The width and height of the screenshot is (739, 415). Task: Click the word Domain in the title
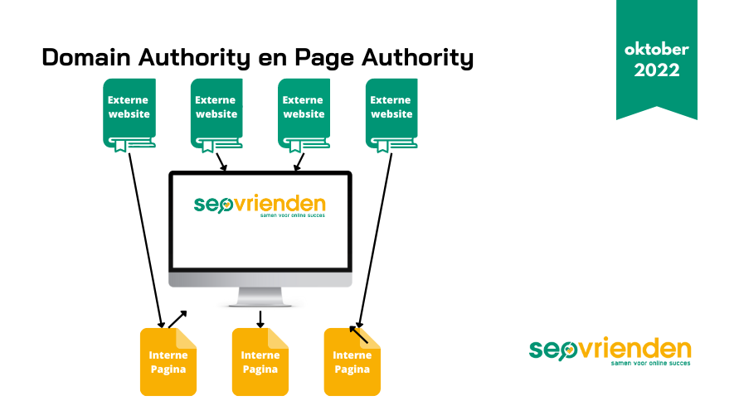click(x=86, y=57)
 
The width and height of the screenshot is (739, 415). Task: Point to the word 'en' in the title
click(x=273, y=60)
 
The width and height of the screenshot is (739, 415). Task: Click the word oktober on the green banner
click(x=657, y=49)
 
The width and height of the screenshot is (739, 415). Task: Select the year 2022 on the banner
click(x=657, y=70)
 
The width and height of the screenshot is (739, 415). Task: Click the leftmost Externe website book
click(x=129, y=115)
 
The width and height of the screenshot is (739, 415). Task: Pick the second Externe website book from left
click(x=216, y=115)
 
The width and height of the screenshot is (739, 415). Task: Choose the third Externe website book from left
click(x=304, y=115)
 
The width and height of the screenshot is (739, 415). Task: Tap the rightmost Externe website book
click(x=391, y=115)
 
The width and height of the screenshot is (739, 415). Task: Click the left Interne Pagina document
click(x=168, y=362)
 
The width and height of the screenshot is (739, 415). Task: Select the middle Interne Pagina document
click(x=260, y=362)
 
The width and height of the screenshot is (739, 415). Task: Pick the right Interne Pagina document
click(x=352, y=362)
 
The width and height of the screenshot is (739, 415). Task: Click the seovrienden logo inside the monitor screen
click(x=260, y=205)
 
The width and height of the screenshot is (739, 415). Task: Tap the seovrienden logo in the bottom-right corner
click(x=610, y=351)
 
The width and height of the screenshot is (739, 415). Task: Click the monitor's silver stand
click(x=260, y=297)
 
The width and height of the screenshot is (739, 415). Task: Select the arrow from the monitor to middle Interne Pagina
click(x=260, y=319)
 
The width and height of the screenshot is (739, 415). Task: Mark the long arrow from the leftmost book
click(x=146, y=240)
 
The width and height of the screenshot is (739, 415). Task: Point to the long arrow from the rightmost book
click(x=375, y=240)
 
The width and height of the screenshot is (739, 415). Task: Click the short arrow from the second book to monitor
click(x=221, y=162)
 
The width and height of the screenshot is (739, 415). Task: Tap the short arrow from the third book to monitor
click(x=299, y=162)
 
